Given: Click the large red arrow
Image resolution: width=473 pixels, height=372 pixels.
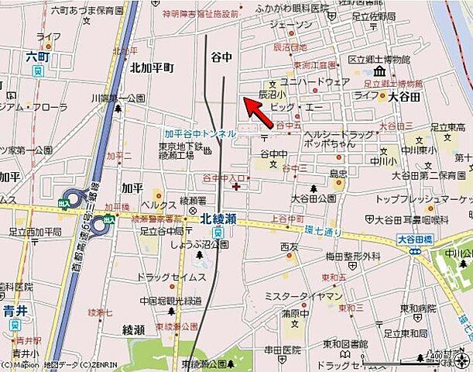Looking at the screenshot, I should point(257,112).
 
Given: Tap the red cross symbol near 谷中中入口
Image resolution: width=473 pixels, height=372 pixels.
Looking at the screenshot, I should point(236,186).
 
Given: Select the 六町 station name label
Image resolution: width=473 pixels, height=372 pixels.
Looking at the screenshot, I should point(36,57).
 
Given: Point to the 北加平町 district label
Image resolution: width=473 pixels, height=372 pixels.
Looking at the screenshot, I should point(152,67).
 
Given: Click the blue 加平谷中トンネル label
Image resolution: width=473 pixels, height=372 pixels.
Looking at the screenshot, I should point(200,133).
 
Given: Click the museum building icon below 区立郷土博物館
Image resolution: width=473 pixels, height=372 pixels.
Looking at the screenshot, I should point(379,73).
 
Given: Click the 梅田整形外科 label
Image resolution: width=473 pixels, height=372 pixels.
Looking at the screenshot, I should point(352,256).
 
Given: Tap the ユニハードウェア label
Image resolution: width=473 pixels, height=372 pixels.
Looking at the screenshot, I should point(315,81).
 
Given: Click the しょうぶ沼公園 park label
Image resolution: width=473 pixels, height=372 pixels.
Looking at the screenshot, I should point(200,244).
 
